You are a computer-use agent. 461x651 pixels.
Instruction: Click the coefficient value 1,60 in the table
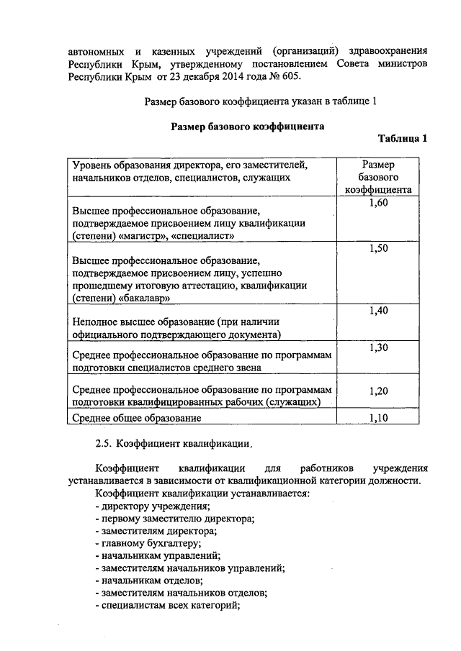click(378, 204)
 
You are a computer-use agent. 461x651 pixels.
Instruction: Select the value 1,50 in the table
click(378, 249)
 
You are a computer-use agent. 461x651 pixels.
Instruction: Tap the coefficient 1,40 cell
click(378, 311)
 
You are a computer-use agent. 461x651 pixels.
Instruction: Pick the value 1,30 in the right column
click(378, 347)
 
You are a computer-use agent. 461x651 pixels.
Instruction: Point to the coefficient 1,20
click(378, 391)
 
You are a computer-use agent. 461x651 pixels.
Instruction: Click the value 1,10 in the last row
click(378, 417)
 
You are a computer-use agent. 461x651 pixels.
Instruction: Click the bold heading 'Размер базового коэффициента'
click(247, 127)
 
